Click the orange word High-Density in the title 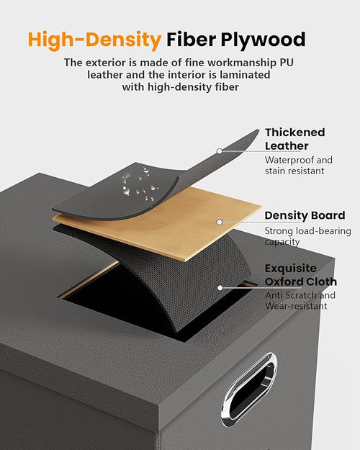(95, 40)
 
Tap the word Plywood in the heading (263, 40)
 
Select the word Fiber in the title (192, 39)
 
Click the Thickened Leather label (294, 139)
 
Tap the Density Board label (305, 215)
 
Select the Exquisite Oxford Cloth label (300, 275)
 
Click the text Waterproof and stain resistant (299, 166)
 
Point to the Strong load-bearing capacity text (307, 236)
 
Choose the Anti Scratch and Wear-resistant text (300, 300)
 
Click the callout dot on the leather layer (220, 151)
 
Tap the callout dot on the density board (220, 222)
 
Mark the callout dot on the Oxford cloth (220, 287)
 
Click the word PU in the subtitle (287, 63)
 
